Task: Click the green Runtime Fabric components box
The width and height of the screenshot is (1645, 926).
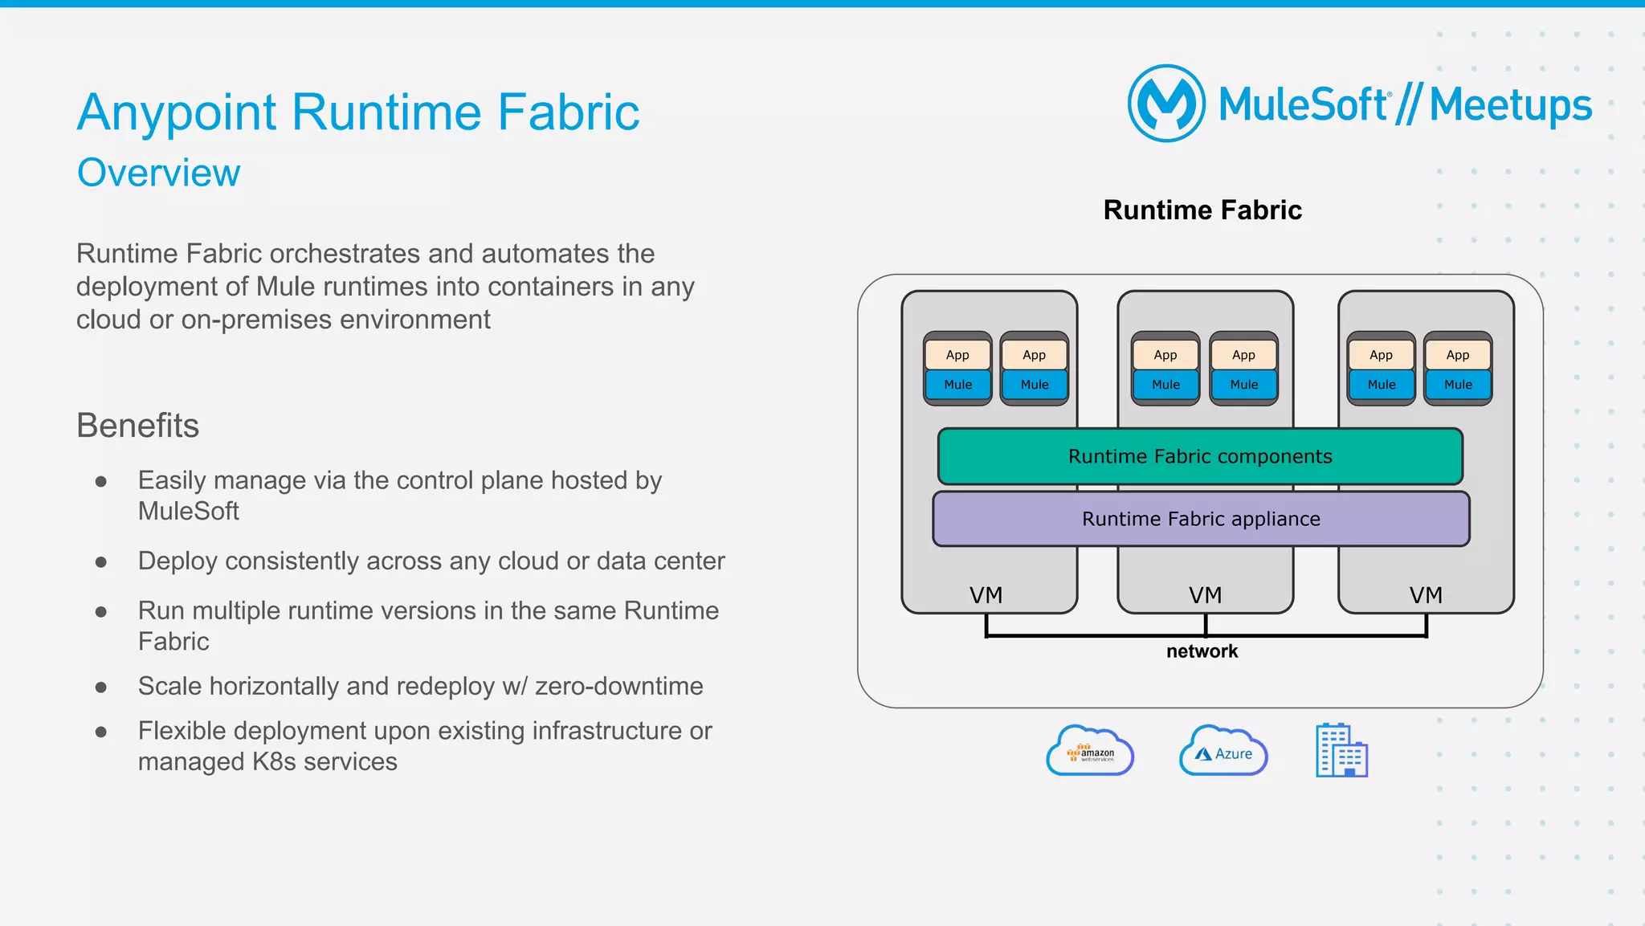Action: [1200, 456]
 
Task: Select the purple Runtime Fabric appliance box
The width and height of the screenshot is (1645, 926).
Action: [1201, 519]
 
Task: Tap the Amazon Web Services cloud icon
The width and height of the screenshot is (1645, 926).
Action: [1090, 752]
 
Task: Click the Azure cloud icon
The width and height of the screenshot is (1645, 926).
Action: [1223, 752]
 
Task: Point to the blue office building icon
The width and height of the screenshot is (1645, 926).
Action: [1341, 750]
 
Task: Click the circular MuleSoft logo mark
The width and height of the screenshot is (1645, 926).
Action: [1166, 104]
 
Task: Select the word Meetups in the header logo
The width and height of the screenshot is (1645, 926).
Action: [1510, 105]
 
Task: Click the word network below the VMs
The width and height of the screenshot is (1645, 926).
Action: [1202, 651]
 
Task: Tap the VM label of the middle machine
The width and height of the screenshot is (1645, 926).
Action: [1205, 595]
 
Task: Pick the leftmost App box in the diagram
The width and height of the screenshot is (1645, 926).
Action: [957, 355]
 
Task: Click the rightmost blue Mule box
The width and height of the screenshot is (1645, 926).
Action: [1458, 385]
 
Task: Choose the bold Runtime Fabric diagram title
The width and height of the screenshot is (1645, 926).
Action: [1202, 210]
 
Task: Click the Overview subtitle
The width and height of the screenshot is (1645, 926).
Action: [159, 173]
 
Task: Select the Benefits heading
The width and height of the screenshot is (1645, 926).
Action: [137, 426]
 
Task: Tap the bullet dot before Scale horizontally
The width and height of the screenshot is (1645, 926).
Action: [101, 687]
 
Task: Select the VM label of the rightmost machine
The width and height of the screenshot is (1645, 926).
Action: [1426, 595]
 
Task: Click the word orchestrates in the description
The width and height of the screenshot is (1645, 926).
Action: [345, 254]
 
